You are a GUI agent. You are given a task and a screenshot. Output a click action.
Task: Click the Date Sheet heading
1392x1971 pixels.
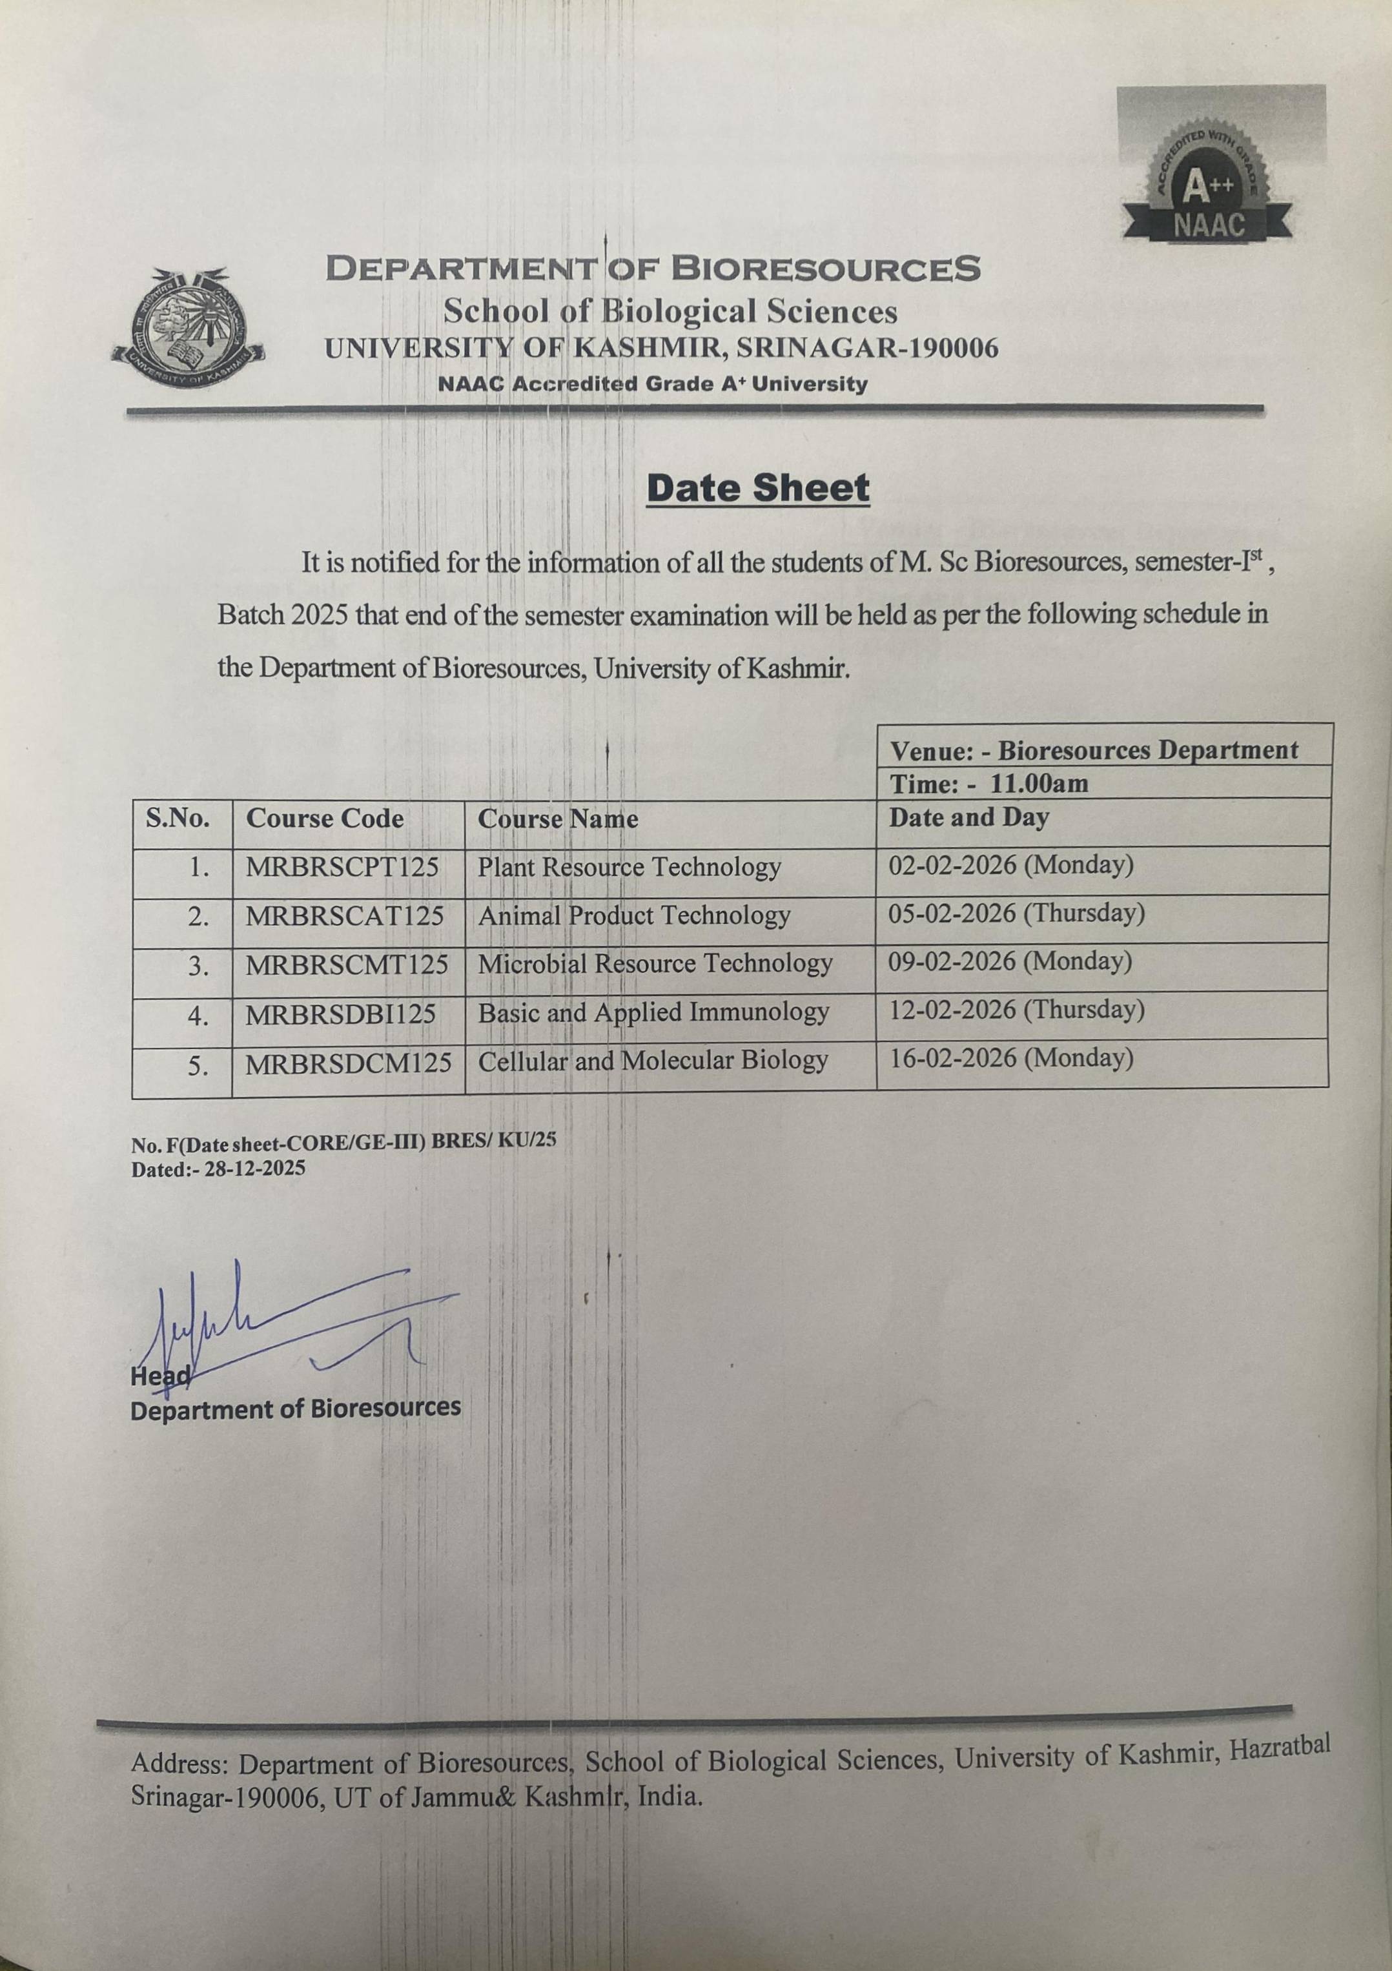click(758, 489)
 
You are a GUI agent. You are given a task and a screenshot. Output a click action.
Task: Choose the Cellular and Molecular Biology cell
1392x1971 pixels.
click(653, 1061)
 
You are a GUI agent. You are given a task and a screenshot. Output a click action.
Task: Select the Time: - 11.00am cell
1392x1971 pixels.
click(989, 783)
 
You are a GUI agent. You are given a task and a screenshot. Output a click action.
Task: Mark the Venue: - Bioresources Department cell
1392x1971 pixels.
click(1094, 750)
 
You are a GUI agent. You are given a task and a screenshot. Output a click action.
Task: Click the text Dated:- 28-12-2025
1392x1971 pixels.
click(218, 1169)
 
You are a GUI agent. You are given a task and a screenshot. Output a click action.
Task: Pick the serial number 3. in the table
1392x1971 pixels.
click(198, 966)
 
